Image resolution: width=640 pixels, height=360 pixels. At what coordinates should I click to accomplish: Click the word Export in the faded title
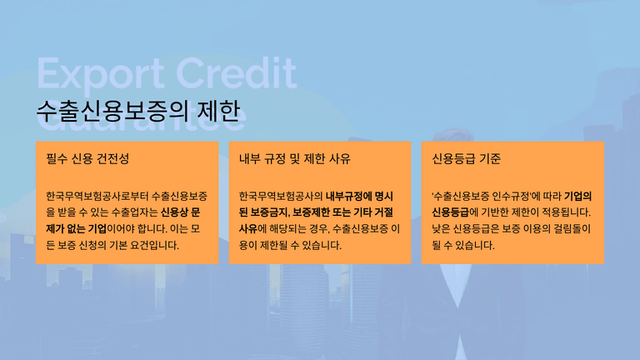pos(100,73)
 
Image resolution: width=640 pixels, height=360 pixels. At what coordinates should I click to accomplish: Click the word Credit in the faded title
pos(237,72)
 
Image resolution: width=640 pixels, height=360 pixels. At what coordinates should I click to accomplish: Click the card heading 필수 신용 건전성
pos(87,158)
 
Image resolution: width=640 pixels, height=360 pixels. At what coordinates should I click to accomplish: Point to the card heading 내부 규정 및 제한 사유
pos(295,158)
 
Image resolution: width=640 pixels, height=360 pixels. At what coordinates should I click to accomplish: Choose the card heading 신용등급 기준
pos(466,158)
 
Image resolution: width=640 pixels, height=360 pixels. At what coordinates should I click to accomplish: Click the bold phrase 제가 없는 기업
pos(76,228)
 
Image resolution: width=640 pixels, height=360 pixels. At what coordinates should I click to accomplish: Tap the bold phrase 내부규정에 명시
pos(359,197)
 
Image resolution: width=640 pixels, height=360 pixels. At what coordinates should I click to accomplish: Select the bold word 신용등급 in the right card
pos(450,212)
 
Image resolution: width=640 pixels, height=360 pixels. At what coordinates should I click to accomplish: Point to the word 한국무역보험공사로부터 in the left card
pos(97,197)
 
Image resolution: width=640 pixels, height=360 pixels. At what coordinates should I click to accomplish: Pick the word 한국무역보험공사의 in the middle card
pos(281,197)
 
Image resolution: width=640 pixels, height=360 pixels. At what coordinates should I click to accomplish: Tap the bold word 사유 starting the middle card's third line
pos(248,228)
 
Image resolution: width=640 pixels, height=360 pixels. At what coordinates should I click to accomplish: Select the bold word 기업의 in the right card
pos(578,197)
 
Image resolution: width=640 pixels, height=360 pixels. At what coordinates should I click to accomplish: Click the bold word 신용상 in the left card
pos(174,212)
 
